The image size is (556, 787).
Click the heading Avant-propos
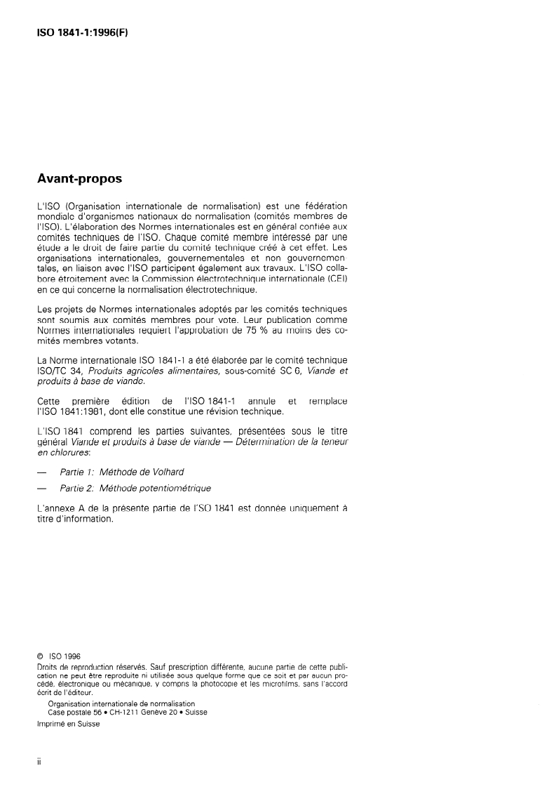tap(79, 179)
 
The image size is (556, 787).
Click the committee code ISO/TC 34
tap(58, 371)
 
